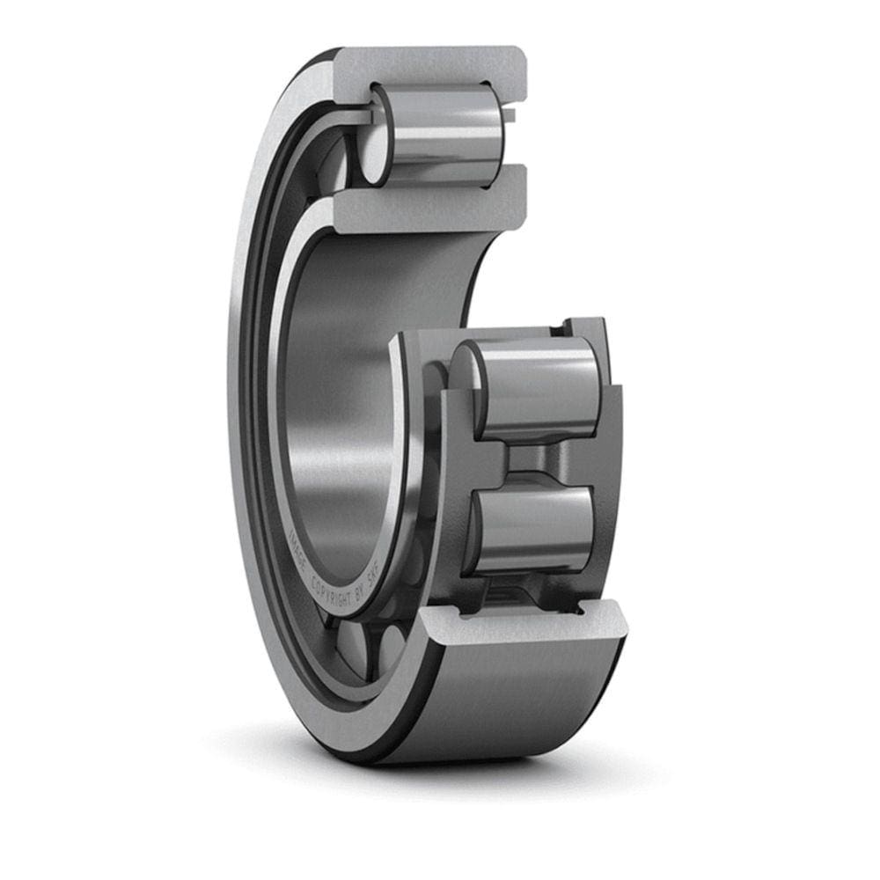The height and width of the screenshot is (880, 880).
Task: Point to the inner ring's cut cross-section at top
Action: (431, 204)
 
